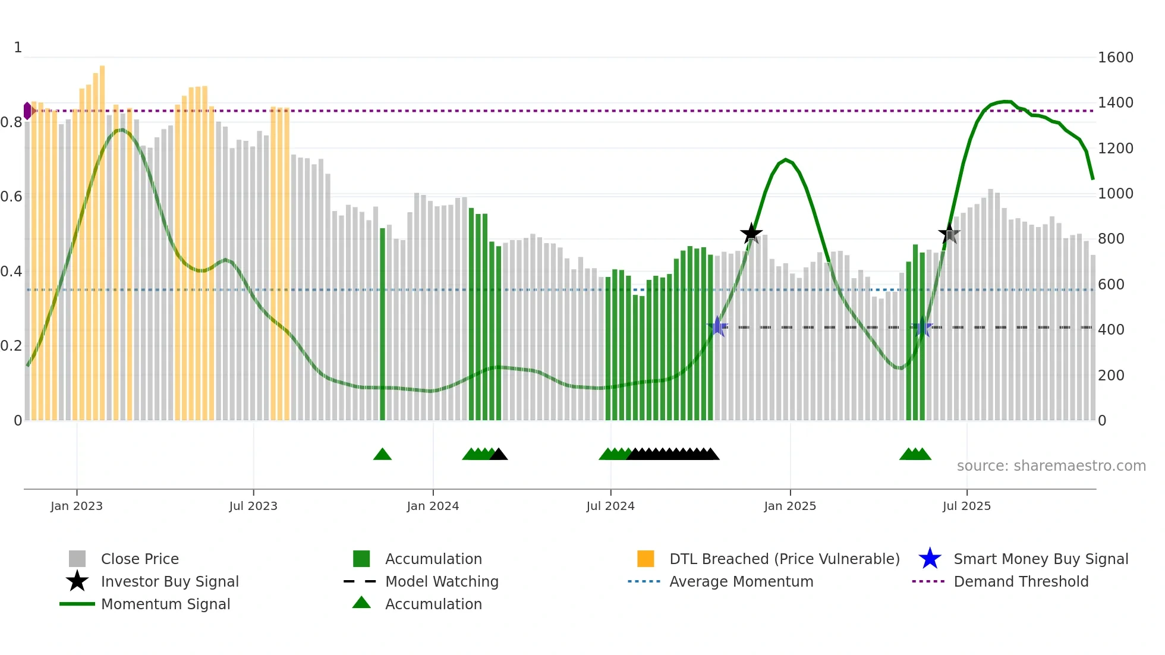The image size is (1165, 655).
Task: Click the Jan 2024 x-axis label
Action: click(x=433, y=506)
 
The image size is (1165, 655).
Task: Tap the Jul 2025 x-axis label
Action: click(x=966, y=506)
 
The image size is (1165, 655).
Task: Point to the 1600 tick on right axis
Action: click(x=1115, y=58)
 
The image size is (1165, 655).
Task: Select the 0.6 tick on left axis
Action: click(x=11, y=196)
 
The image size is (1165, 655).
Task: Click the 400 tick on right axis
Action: click(x=1111, y=329)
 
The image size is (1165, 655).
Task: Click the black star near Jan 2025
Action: click(x=751, y=234)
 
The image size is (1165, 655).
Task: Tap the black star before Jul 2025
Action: click(x=949, y=234)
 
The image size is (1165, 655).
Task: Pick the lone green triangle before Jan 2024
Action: click(x=382, y=455)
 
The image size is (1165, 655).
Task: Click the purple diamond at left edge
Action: click(x=27, y=111)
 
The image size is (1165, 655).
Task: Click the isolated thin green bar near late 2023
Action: click(x=382, y=324)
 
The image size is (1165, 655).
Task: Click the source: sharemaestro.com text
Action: click(x=1051, y=465)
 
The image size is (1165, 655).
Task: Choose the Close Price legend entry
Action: click(x=140, y=559)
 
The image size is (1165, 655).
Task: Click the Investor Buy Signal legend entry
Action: click(x=169, y=581)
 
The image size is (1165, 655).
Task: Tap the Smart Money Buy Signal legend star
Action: click(x=930, y=559)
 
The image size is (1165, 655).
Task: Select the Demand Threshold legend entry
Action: click(x=1021, y=581)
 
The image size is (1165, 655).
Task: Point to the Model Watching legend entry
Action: click(x=442, y=581)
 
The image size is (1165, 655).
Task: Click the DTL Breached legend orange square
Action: click(x=646, y=559)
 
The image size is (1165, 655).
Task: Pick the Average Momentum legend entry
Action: click(x=741, y=581)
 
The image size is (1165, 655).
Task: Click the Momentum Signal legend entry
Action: click(x=165, y=604)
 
